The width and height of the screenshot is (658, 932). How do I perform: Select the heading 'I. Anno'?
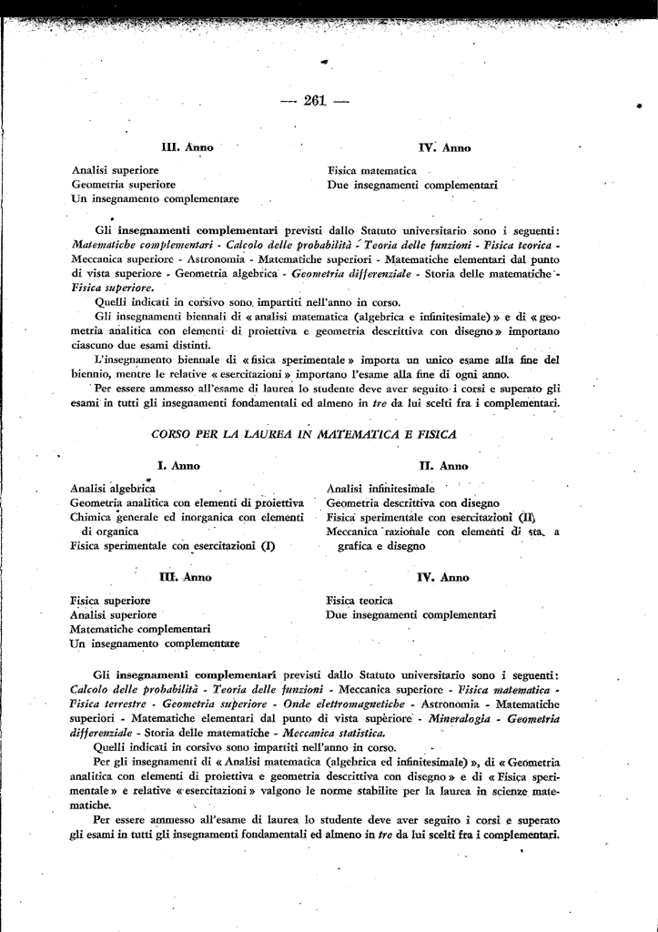179,465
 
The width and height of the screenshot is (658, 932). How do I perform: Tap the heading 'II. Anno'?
443,465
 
